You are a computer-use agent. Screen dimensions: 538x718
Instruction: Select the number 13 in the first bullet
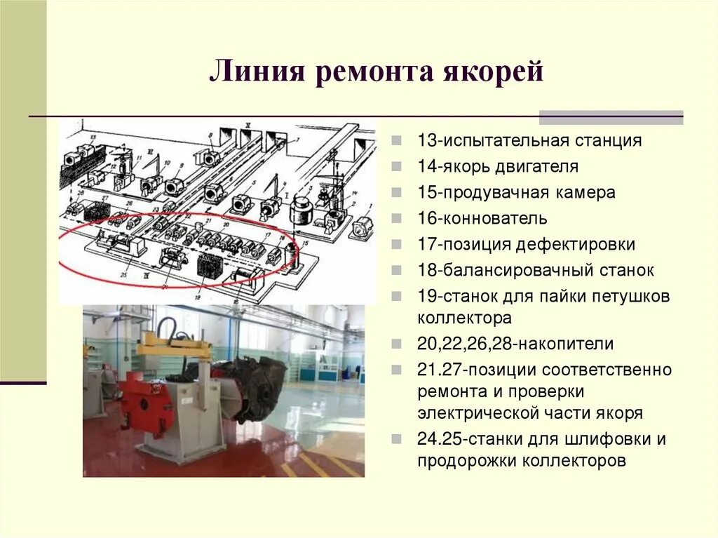[x=427, y=140]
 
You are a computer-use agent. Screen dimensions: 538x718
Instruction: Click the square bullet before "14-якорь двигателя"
[x=397, y=167]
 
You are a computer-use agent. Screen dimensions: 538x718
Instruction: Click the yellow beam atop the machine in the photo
[x=175, y=347]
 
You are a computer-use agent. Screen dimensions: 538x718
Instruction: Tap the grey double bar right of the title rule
[x=611, y=117]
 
